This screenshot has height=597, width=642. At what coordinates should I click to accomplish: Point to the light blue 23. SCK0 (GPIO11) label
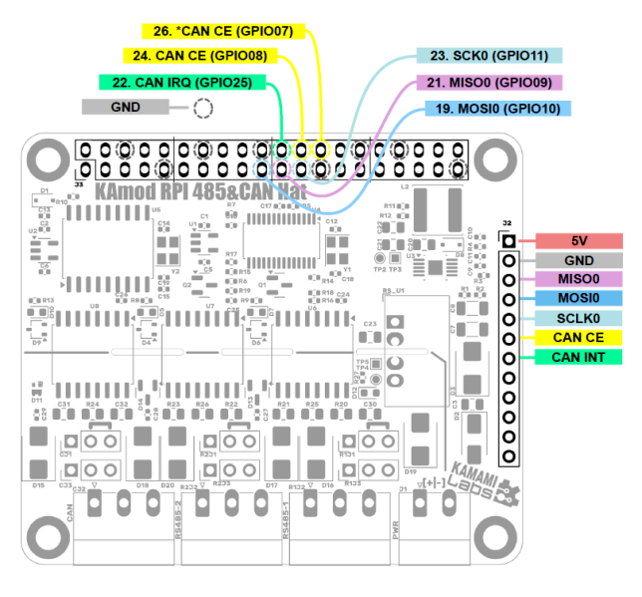point(489,56)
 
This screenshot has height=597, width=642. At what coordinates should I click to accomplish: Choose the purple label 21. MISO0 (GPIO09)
point(489,83)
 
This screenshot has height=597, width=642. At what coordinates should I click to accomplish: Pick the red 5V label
point(579,241)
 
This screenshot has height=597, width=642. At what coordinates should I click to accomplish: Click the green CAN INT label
point(579,357)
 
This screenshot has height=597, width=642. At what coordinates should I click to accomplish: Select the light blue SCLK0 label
point(579,318)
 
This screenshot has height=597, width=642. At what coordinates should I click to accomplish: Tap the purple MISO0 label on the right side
point(579,280)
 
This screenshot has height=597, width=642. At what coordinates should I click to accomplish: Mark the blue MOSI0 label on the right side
point(579,299)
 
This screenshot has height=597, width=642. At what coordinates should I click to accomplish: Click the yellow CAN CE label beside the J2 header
point(579,338)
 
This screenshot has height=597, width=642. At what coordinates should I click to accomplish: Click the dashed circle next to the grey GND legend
point(203,109)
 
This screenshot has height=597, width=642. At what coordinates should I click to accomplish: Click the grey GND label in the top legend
point(126,107)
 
